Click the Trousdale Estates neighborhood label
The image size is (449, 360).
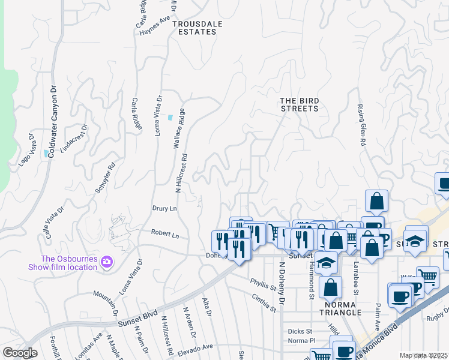194,28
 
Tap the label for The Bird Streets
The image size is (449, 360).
300,104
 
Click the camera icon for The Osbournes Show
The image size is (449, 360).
107,262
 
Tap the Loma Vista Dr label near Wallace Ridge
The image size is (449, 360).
159,115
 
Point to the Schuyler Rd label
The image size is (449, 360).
104,179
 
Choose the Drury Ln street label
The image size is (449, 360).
164,208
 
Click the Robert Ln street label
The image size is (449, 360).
165,235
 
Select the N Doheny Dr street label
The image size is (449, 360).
281,283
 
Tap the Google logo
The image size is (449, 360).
20,353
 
